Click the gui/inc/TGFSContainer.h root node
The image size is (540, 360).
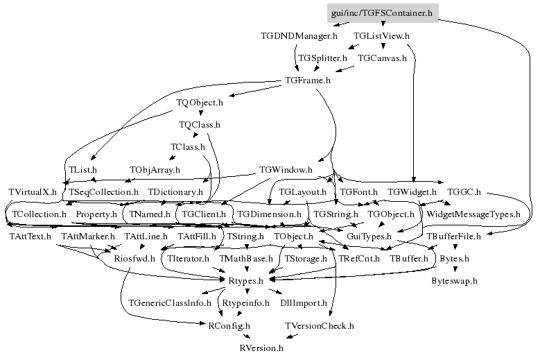click(x=382, y=13)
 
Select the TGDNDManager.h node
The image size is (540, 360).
click(x=299, y=35)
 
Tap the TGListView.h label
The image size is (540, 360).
click(x=381, y=35)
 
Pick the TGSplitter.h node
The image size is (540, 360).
click(x=322, y=58)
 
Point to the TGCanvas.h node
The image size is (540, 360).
click(x=382, y=58)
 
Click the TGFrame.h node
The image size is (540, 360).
click(x=308, y=80)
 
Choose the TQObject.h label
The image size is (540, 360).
click(x=200, y=102)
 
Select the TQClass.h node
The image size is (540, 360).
click(x=200, y=125)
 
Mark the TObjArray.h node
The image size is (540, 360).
click(x=155, y=169)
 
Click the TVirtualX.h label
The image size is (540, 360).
click(x=32, y=191)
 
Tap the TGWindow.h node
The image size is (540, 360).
click(x=286, y=169)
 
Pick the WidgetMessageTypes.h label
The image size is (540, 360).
click(x=473, y=214)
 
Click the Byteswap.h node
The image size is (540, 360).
click(x=454, y=281)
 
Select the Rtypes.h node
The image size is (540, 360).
click(x=245, y=281)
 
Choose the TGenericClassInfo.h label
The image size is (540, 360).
click(x=170, y=303)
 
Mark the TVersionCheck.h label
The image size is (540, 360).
click(x=320, y=325)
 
